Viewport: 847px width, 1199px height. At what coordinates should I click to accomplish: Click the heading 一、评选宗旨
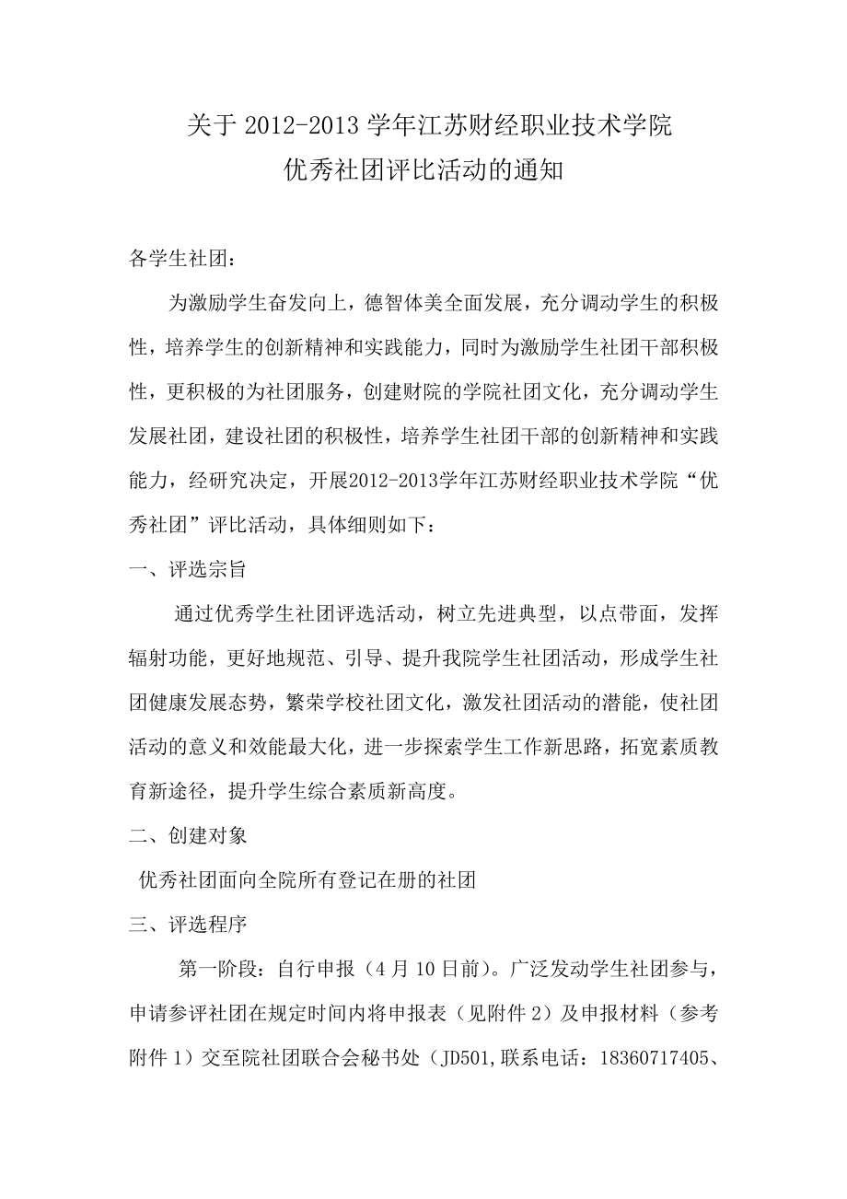point(187,570)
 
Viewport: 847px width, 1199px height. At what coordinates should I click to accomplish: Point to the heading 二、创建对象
point(187,836)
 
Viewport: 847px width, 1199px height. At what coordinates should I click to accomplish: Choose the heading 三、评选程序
point(187,924)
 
